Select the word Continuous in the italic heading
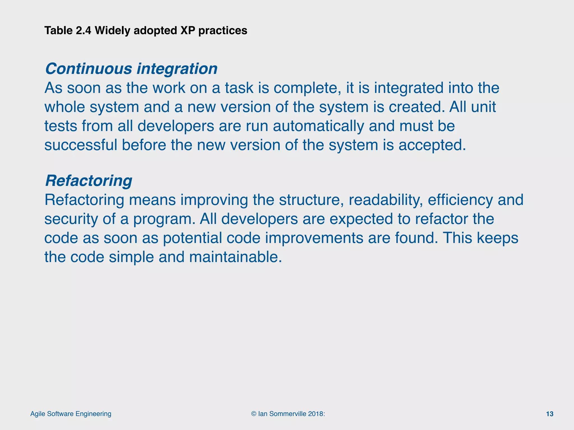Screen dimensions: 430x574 [x=89, y=69]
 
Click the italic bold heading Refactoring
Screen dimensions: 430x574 [x=89, y=181]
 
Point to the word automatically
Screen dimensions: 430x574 [x=318, y=126]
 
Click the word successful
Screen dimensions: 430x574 [x=81, y=145]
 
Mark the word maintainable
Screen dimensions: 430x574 [x=235, y=257]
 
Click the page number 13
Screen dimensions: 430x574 [x=550, y=414]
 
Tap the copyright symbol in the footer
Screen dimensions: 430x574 [x=254, y=414]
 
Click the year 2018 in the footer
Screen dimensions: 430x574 [x=315, y=414]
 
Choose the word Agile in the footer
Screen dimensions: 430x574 [x=38, y=414]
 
